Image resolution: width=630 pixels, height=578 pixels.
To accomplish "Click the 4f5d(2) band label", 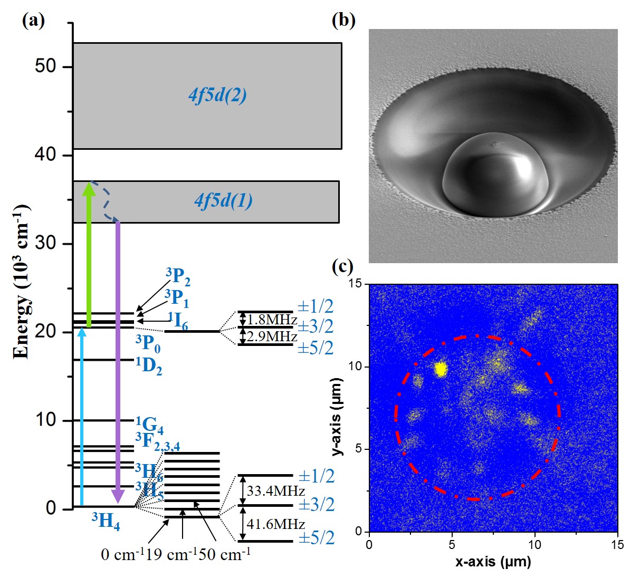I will [x=217, y=95].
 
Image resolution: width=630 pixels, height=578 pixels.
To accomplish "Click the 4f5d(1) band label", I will [x=223, y=201].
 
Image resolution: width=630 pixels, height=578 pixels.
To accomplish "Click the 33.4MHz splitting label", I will [x=275, y=491].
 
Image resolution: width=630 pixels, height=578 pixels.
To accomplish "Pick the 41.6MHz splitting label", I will [x=275, y=524].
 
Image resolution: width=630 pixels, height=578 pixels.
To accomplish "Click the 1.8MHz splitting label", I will [x=272, y=320].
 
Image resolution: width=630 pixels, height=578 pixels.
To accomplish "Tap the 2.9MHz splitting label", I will [x=272, y=336].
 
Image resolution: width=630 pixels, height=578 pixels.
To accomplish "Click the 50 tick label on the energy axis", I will [x=46, y=67].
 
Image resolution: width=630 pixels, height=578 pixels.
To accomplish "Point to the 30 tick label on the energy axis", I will [x=46, y=244].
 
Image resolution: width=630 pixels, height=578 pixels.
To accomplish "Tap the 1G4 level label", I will [x=149, y=425].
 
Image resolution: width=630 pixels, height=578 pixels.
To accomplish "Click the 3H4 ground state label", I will [x=106, y=521].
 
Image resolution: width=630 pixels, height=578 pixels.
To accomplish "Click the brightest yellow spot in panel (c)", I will [x=441, y=369].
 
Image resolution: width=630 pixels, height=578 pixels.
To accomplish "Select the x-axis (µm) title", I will [x=493, y=562].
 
